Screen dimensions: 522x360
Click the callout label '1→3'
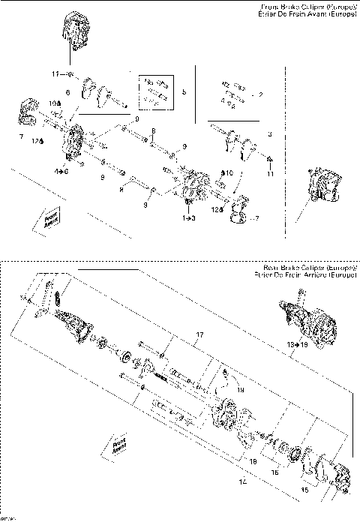[x=188, y=217]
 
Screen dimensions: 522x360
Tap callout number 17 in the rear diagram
[x=200, y=334]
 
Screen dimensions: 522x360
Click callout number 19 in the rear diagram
[x=239, y=390]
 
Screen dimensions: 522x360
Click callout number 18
[x=253, y=462]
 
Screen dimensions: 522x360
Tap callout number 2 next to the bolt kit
[x=260, y=95]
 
